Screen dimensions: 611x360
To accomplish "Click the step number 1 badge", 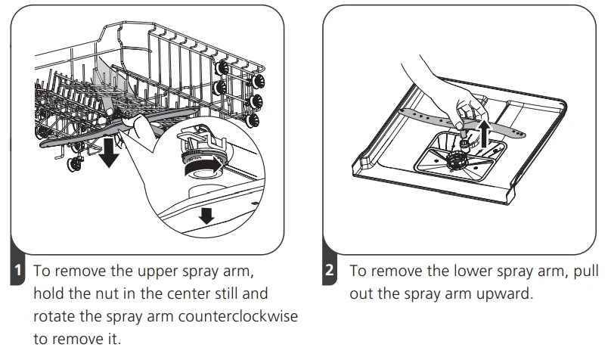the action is pos(17,270).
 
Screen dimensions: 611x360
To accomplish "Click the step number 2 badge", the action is pos(329,270).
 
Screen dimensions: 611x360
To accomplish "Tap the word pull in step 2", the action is pos(586,272).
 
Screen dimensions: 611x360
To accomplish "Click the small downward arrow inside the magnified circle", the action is pos(206,216).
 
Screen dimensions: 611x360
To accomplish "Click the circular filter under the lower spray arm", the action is pos(457,160).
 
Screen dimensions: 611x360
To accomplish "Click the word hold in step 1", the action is pos(49,293).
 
